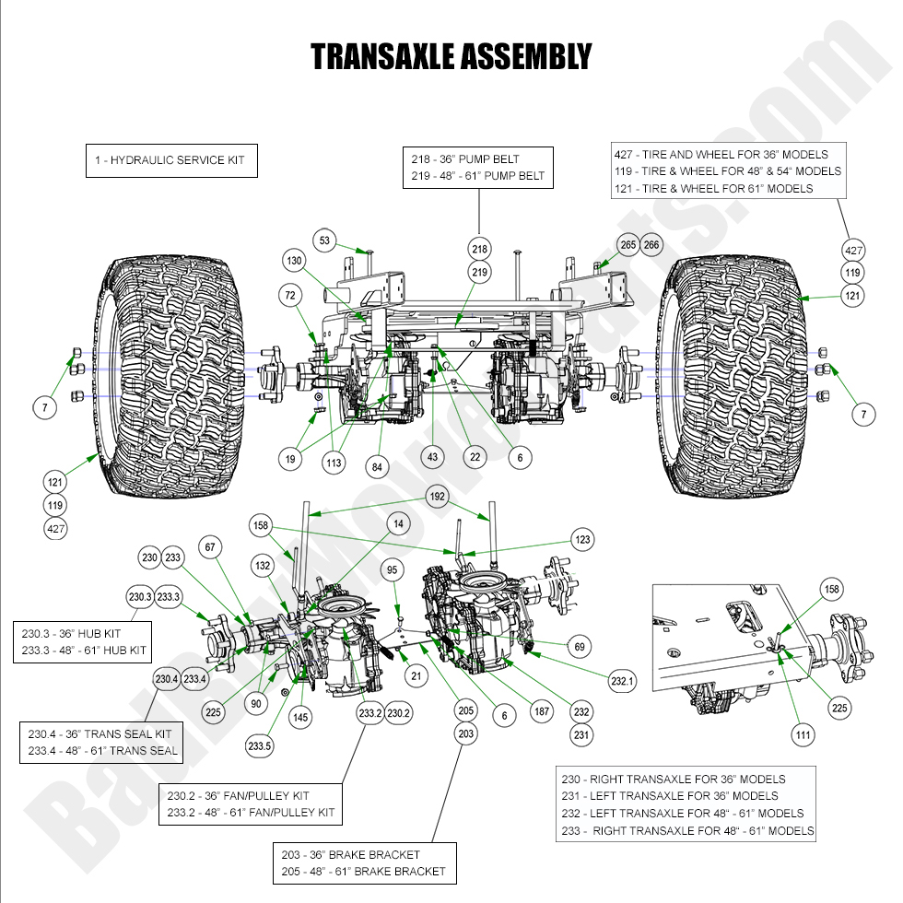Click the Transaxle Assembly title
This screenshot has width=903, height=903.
click(451, 57)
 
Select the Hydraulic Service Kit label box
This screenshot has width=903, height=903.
click(170, 160)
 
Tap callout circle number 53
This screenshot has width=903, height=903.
click(324, 240)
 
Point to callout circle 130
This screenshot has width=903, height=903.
click(294, 261)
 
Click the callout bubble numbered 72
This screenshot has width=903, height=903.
click(291, 295)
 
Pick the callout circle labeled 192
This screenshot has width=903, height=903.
click(437, 498)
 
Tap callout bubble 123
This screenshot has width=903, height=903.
click(582, 539)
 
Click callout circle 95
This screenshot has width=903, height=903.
click(393, 570)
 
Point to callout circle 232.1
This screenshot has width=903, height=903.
click(623, 681)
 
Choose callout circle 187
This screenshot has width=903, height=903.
click(542, 711)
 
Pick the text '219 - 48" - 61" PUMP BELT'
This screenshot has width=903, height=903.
click(478, 175)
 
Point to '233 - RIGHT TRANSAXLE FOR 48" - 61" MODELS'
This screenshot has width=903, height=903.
click(687, 830)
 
